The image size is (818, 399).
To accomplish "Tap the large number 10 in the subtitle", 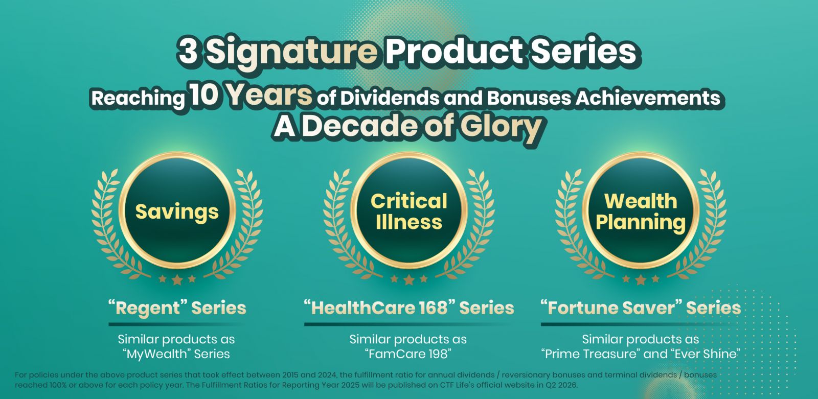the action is point(204,95).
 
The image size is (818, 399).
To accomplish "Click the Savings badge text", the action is point(177,213).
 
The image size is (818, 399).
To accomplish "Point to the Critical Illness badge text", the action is point(408,212).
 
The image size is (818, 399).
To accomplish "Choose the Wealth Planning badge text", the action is point(641,212).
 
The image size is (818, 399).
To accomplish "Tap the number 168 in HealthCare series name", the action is point(433,308).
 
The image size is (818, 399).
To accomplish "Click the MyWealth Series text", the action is point(176,354).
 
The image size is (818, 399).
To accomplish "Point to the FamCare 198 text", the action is point(408,354).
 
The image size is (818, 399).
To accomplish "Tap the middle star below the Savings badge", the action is point(177,280).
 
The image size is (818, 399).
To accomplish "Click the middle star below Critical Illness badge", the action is point(409,280).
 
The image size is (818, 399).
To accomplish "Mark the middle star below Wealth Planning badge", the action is point(641,280).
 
